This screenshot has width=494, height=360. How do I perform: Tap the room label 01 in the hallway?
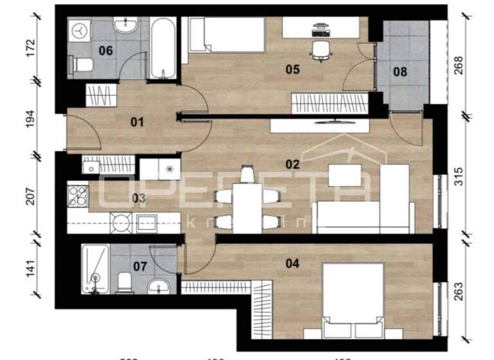click(136, 122)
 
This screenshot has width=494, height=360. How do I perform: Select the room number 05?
click(293, 69)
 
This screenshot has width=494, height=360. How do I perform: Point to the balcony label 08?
click(400, 72)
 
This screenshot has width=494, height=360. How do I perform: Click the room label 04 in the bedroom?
click(293, 262)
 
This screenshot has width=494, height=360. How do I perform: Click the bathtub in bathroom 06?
click(163, 49)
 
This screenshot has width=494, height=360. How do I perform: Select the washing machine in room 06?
click(80, 30)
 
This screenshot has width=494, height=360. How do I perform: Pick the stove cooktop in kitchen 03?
click(77, 195)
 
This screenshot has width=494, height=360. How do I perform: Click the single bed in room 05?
click(226, 34)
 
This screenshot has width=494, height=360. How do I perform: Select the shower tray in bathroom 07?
click(95, 269)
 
